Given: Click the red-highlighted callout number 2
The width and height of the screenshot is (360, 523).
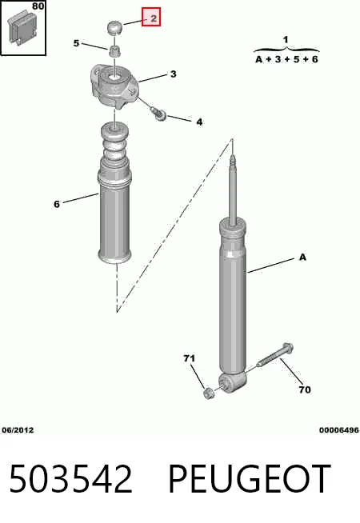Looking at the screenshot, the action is [151, 17].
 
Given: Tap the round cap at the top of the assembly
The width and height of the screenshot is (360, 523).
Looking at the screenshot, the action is [114, 27].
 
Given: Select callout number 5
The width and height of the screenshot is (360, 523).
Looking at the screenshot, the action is [77, 43].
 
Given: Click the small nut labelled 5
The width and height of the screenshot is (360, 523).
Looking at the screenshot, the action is [114, 52].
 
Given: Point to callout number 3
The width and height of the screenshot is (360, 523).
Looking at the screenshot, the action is [173, 74].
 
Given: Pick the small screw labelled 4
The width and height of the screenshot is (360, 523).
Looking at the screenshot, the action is [158, 114].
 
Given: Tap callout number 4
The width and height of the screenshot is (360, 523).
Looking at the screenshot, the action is [199, 122].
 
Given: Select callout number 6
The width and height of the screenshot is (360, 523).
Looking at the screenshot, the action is [57, 204].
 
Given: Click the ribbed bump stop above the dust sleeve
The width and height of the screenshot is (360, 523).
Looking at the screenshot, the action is [114, 142].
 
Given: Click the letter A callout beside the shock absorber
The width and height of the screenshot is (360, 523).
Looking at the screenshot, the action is [302, 258].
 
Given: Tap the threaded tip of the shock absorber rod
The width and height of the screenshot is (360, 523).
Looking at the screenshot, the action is [233, 159].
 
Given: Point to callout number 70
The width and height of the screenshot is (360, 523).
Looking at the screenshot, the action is [305, 389].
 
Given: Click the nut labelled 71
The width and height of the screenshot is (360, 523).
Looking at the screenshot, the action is [209, 393].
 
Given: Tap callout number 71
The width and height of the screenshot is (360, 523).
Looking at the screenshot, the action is [189, 358].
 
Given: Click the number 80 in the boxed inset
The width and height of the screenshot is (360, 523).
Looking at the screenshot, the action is [38, 6].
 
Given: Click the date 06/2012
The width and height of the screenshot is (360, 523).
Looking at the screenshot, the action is [18, 430].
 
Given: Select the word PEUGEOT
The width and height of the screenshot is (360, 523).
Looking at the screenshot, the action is [250, 479].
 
